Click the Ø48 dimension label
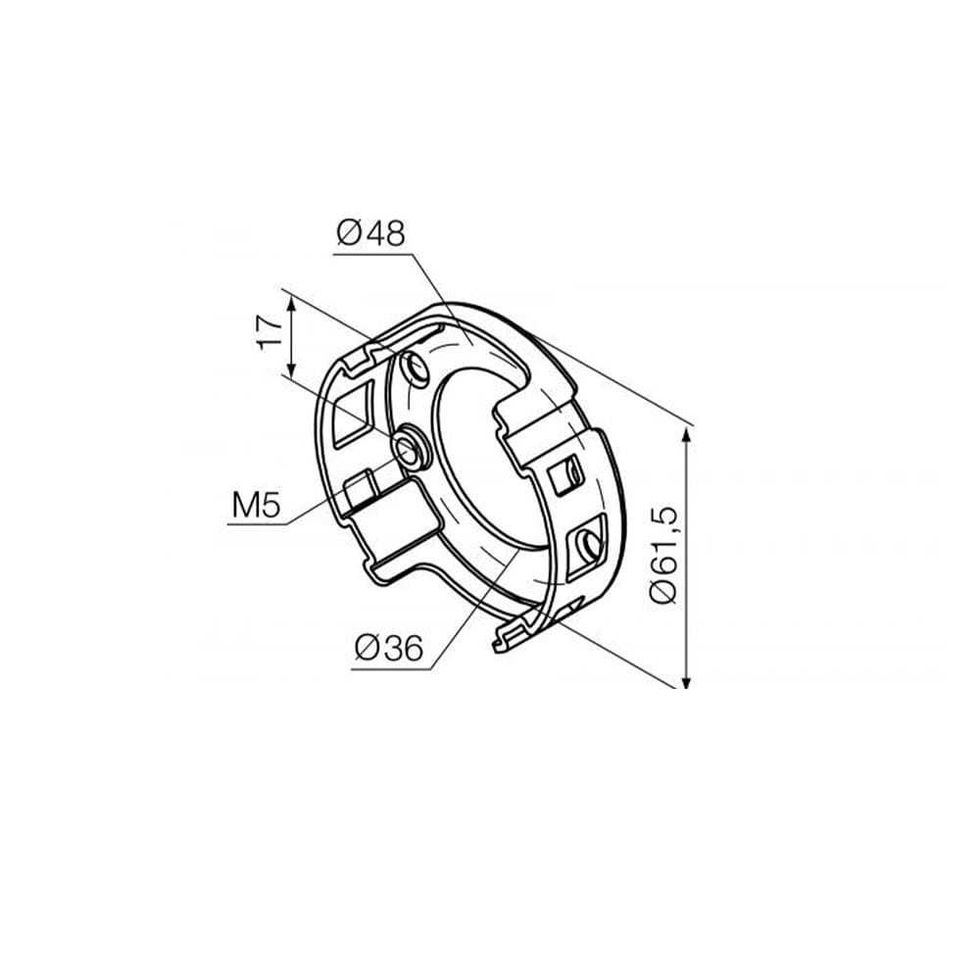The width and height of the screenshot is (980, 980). point(370,233)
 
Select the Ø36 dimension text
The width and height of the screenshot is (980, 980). point(389,647)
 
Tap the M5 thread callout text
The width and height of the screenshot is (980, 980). point(256,505)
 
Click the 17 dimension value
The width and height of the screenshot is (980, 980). point(269,332)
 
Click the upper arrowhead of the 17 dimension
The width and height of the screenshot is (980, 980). point(291,304)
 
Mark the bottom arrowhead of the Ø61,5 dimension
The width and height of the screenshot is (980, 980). point(686,679)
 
